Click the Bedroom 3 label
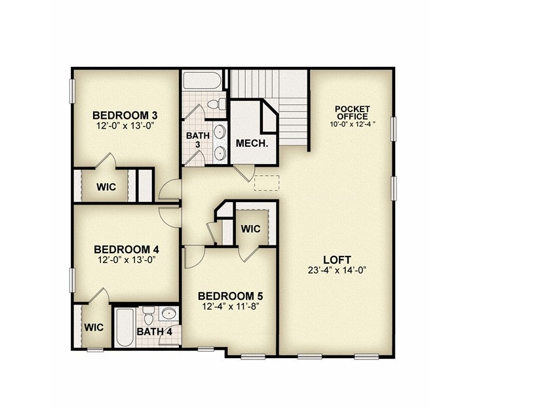pyautogui.click(x=125, y=115)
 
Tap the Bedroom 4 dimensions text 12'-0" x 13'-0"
pyautogui.click(x=126, y=260)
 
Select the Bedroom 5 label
pyautogui.click(x=230, y=296)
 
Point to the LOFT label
pyautogui.click(x=337, y=260)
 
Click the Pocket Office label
pyautogui.click(x=352, y=113)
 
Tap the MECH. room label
pyautogui.click(x=252, y=143)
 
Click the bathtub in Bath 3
pyautogui.click(x=203, y=81)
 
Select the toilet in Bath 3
pyautogui.click(x=218, y=104)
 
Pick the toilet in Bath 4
pyautogui.click(x=148, y=316)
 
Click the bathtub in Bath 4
pyautogui.click(x=125, y=327)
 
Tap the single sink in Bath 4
pyautogui.click(x=169, y=314)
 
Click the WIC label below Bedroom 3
pyautogui.click(x=106, y=187)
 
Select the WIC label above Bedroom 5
pyautogui.click(x=250, y=229)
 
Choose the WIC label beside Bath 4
pyautogui.click(x=94, y=327)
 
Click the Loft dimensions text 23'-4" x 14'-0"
pyautogui.click(x=337, y=270)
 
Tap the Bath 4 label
pyautogui.click(x=155, y=332)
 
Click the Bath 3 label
pyautogui.click(x=198, y=140)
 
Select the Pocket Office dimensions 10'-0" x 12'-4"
pyautogui.click(x=352, y=124)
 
